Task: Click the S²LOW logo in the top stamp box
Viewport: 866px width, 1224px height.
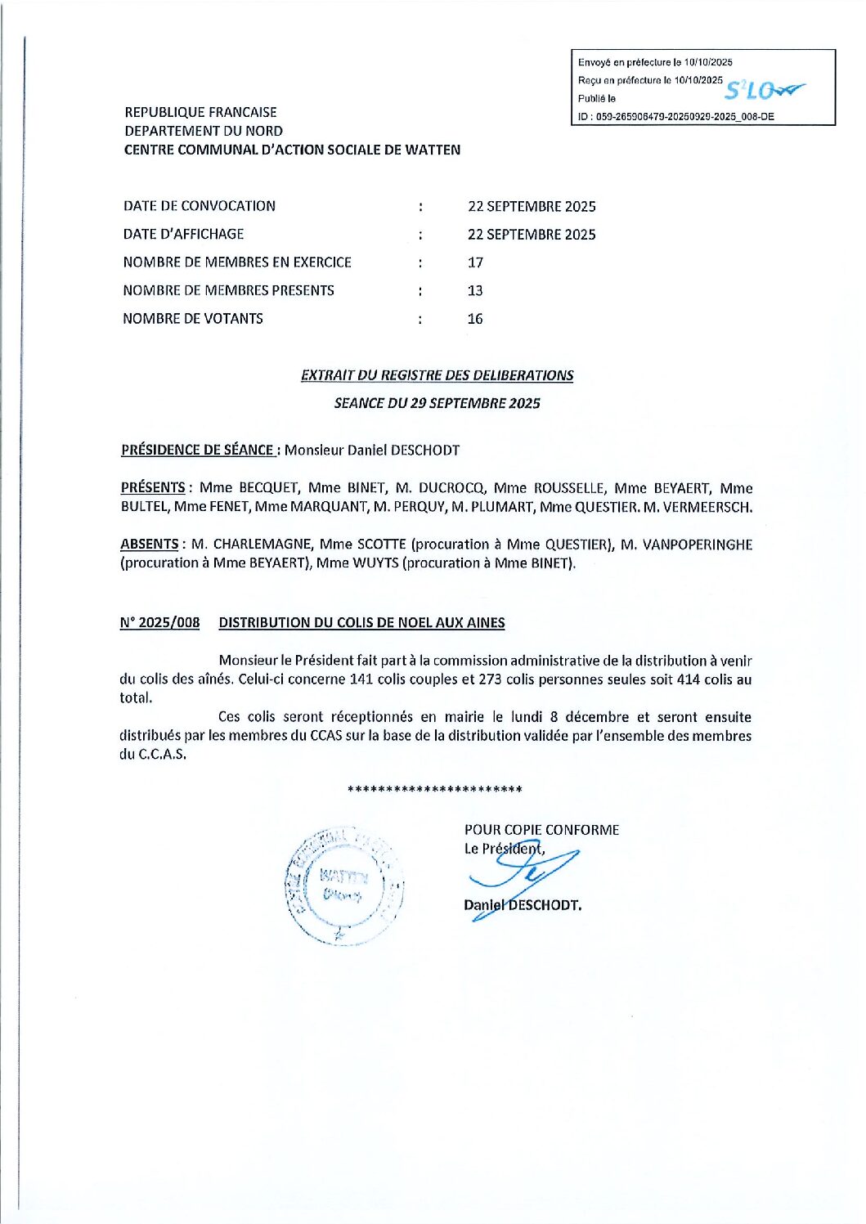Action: [x=764, y=90]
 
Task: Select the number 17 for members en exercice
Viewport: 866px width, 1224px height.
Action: [x=475, y=262]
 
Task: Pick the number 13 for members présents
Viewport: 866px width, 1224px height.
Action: [x=475, y=290]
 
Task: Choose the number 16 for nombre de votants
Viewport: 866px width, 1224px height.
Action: [x=475, y=319]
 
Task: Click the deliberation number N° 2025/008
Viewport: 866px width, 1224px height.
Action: [x=159, y=622]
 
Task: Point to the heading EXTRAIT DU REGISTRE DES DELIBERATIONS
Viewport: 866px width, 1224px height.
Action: [x=437, y=375]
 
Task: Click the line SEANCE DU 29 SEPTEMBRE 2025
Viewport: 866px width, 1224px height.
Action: [x=437, y=403]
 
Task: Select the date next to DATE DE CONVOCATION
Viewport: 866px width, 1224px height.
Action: [x=532, y=206]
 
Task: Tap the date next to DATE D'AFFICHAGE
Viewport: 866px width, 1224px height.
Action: [x=532, y=235]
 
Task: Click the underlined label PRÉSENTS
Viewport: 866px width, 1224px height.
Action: [x=153, y=487]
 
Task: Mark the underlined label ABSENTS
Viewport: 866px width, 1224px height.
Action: [x=149, y=544]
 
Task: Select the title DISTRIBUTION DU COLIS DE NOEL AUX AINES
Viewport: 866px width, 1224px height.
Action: [x=361, y=622]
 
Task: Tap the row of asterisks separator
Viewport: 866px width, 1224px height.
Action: [x=434, y=789]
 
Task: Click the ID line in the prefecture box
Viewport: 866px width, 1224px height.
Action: [x=675, y=117]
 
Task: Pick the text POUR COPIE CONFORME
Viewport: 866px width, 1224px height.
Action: [x=541, y=830]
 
